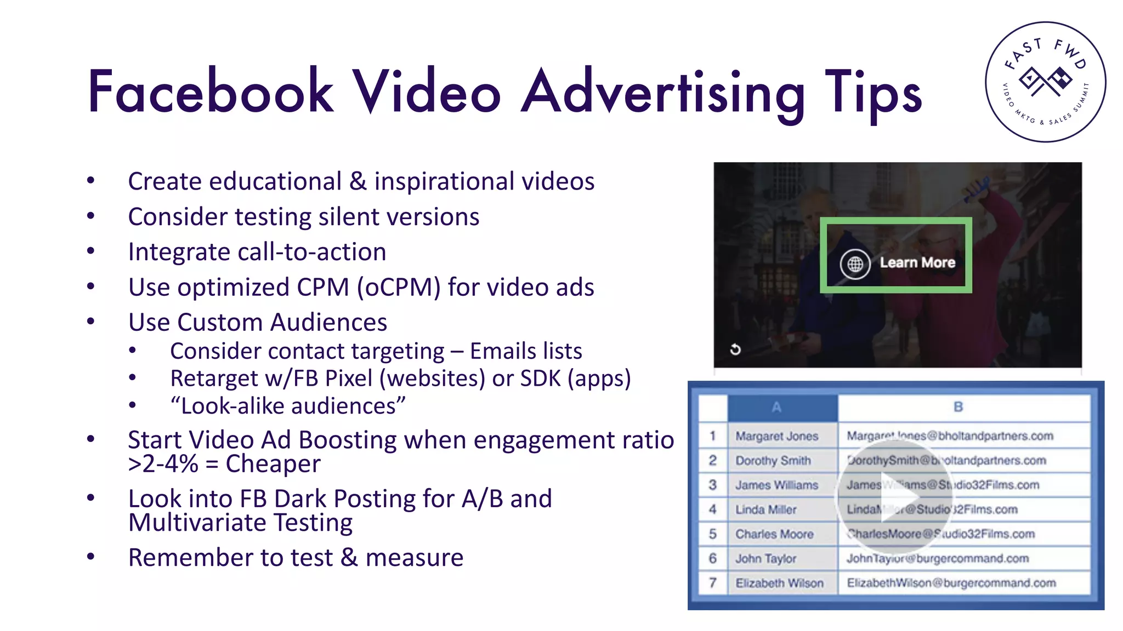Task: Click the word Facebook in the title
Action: coord(211,91)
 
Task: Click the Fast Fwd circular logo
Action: coord(1045,82)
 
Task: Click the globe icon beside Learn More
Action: coord(855,264)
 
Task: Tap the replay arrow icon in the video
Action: coord(735,349)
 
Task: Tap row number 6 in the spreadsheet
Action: coord(712,558)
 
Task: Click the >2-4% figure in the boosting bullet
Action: coord(163,464)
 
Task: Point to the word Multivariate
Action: coord(198,523)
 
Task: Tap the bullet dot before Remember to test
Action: coord(91,557)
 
